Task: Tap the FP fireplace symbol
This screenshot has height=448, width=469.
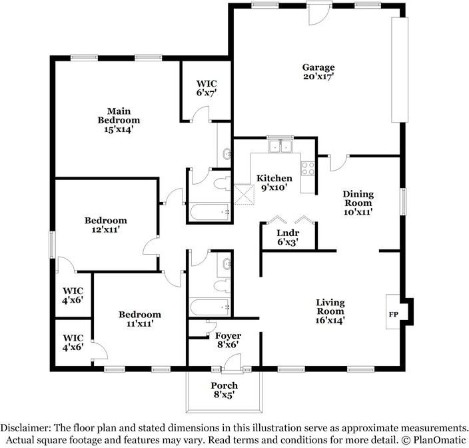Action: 394,313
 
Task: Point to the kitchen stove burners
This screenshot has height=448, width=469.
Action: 308,169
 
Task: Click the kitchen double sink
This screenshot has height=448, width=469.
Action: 281,146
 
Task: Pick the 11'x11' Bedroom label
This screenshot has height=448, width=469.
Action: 140,319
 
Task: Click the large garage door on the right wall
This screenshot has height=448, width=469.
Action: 399,69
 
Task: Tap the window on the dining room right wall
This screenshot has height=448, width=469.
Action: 402,202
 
